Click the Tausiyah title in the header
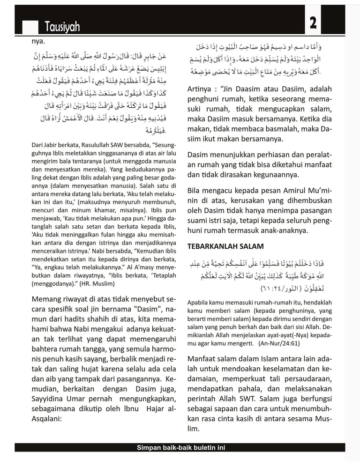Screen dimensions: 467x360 (62, 28)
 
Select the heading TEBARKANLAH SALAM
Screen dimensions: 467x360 (225, 246)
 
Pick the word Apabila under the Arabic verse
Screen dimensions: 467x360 (199, 303)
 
